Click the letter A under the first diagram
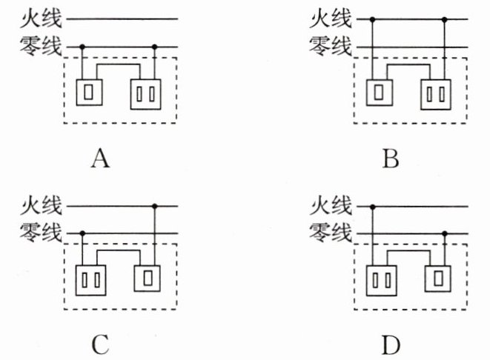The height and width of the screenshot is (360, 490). coord(100,159)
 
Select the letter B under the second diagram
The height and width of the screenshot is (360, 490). coord(391,159)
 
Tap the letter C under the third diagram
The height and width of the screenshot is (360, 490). coord(100,344)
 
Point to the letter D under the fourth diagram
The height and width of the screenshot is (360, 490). coord(391,345)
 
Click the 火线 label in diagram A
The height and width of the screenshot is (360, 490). coord(41,18)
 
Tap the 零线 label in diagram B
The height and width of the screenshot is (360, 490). coord(331,46)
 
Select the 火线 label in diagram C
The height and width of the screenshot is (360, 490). coord(41,205)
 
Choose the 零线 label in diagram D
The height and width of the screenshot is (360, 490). coord(331,233)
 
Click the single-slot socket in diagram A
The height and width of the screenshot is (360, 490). coord(89,93)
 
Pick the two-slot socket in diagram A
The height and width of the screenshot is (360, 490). coord(145,94)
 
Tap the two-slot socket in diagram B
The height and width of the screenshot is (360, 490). coord(436,95)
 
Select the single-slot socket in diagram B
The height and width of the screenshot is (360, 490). coord(380,93)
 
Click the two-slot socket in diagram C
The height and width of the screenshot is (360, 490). coord(90,281)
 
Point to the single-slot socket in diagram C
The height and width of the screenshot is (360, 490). coord(148,279)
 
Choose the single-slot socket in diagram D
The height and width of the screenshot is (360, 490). coord(438,279)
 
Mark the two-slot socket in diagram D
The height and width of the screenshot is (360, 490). coord(381,281)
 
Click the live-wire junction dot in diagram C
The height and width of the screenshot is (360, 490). coord(154,206)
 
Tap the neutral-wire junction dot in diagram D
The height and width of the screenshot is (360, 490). coord(445,233)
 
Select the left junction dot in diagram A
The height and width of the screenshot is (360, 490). coord(82,47)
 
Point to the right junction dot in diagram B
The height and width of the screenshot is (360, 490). coord(445,20)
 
